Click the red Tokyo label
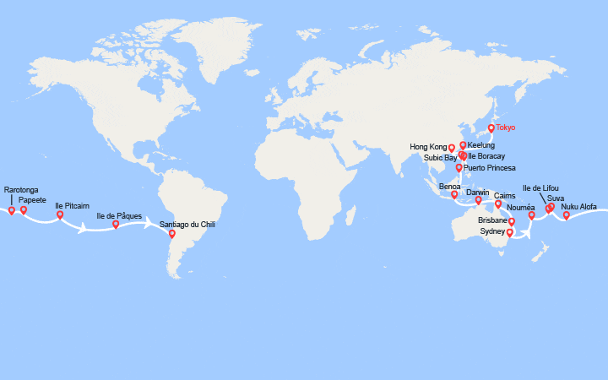click(505, 128)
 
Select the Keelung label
click(481, 145)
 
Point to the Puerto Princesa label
click(494, 167)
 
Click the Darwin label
click(478, 193)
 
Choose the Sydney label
click(491, 231)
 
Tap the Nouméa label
click(521, 207)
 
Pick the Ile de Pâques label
click(119, 216)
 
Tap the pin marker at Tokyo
click(491, 128)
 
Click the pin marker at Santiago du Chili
click(172, 233)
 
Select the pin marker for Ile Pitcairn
click(60, 214)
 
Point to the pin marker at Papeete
click(24, 209)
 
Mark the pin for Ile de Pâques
click(116, 224)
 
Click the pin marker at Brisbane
click(512, 221)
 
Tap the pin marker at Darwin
click(478, 200)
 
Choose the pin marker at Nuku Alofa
click(566, 214)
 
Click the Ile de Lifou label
click(540, 187)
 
